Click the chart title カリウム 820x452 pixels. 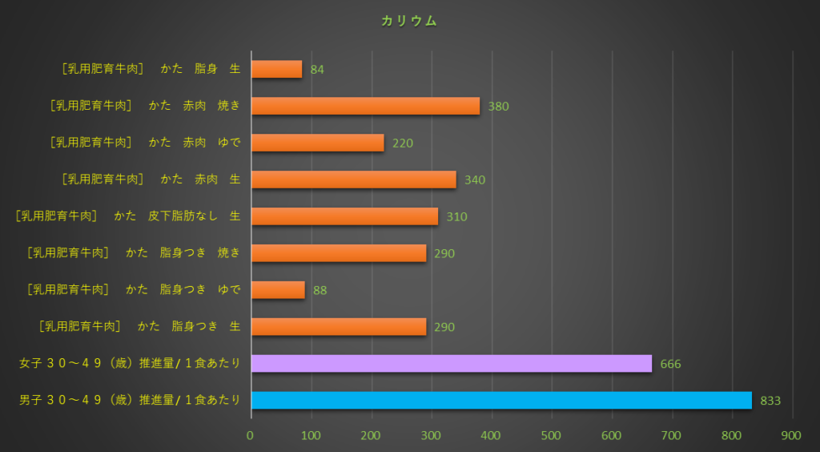pos(409,22)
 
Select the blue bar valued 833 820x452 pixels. pos(501,400)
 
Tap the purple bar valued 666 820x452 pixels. pos(451,363)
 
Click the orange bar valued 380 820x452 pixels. pos(365,106)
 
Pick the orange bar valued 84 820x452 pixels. pos(276,69)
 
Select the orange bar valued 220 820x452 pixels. pos(317,143)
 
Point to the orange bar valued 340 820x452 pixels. pos(353,179)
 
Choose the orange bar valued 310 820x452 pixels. pos(344,216)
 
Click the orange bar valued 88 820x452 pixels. pos(278,289)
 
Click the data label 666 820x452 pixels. pos(670,364)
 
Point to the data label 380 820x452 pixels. pos(498,107)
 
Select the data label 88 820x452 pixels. pos(320,290)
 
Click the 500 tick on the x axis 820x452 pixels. pos(551,435)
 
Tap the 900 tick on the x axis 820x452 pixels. pos(791,435)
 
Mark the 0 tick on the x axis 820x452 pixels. pos(251,435)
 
